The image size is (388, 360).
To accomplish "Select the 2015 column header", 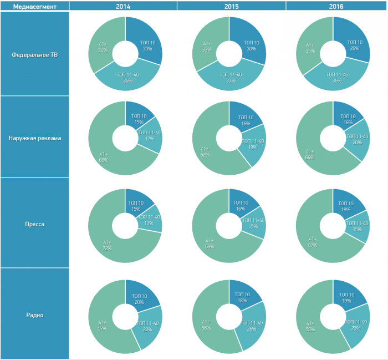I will tap(231, 6).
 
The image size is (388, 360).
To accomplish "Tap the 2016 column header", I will tap(336, 6).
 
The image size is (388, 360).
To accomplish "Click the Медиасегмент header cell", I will tap(34, 6).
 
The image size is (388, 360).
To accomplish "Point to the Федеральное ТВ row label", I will tap(34, 54).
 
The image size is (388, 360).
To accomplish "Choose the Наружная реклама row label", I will tap(34, 137).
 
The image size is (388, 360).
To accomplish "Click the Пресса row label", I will tap(34, 224).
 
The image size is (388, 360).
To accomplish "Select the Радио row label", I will tap(34, 315).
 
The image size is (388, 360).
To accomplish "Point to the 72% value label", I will tap(106, 248).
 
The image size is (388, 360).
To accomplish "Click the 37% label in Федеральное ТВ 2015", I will tap(231, 81).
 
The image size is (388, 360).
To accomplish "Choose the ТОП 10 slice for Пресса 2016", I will tap(349, 204).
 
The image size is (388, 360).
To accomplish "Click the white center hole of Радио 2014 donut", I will tap(125, 317).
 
